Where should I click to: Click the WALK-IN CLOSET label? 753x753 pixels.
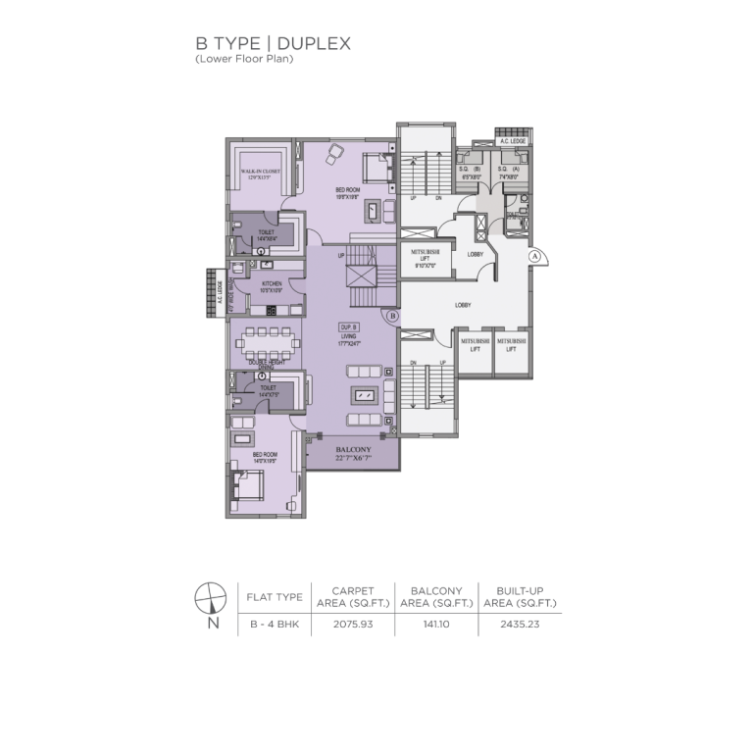click(260, 174)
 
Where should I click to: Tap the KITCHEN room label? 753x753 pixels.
click(271, 286)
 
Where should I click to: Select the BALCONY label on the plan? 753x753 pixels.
click(352, 452)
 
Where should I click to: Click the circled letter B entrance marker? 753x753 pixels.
click(390, 317)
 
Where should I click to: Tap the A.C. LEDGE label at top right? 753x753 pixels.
click(512, 142)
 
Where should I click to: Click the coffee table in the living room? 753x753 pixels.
click(364, 394)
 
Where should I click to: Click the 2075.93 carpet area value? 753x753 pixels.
click(353, 623)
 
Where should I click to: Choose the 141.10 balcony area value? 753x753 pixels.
click(436, 623)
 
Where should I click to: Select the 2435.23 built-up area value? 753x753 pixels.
click(520, 623)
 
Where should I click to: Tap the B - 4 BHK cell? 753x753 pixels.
click(274, 623)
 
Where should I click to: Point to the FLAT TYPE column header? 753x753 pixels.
click(274, 595)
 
